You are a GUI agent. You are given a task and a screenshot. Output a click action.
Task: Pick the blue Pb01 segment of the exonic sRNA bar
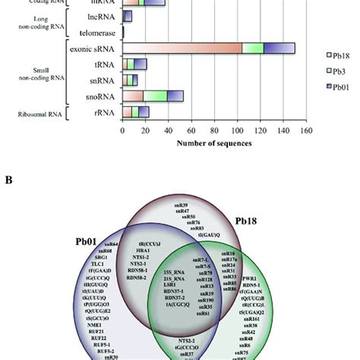pos(279,48)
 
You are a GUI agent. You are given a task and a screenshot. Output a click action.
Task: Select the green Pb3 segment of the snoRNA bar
pos(155,96)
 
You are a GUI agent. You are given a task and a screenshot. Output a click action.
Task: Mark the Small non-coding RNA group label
pos(36,72)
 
